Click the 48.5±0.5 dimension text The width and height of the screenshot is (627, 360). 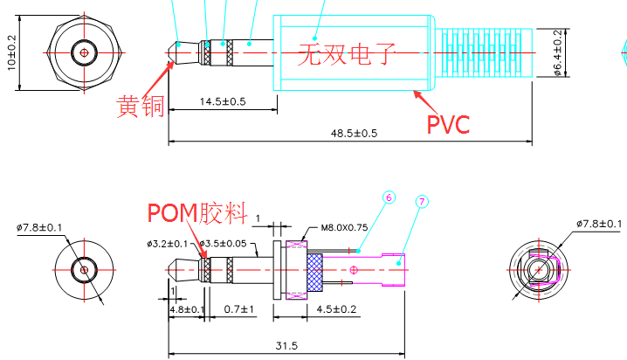click(x=354, y=134)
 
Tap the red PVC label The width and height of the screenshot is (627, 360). click(x=448, y=123)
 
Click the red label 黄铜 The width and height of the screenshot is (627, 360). click(x=140, y=107)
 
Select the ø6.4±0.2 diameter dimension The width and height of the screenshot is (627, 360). click(x=558, y=52)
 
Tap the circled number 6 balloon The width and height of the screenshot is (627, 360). click(x=389, y=197)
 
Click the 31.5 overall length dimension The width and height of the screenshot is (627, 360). click(x=286, y=346)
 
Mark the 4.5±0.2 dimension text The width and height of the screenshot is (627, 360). click(x=335, y=308)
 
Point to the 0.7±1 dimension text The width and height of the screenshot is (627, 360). click(x=238, y=308)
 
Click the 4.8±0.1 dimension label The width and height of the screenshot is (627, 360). click(x=187, y=308)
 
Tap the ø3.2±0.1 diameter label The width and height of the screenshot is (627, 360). click(x=167, y=243)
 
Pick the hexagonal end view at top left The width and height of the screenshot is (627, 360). click(x=84, y=52)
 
